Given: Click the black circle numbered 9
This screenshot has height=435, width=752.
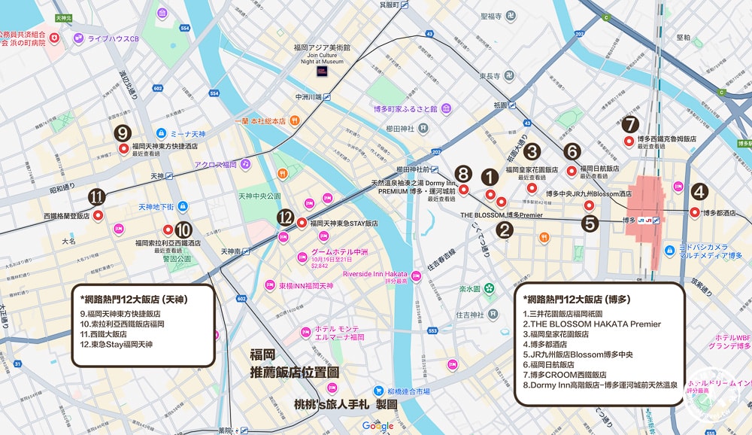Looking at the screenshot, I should (123, 132).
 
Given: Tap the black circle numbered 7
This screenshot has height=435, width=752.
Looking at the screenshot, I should (631, 124).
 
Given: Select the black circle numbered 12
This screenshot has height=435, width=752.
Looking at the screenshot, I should (284, 217).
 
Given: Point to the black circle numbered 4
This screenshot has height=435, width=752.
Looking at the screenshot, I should (699, 192).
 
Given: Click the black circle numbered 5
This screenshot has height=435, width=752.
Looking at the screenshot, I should (590, 223).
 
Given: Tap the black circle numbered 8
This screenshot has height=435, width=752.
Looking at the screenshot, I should (463, 174).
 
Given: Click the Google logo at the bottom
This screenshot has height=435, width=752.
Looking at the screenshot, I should (378, 426).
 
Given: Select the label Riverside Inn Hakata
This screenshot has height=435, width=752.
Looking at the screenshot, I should (374, 274).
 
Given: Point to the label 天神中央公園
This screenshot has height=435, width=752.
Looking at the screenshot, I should (259, 196).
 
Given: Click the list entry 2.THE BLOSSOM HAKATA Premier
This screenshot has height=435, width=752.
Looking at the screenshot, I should (592, 324).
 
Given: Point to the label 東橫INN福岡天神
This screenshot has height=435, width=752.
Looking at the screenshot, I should (305, 287).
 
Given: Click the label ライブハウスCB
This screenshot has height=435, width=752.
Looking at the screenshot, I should (114, 38).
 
